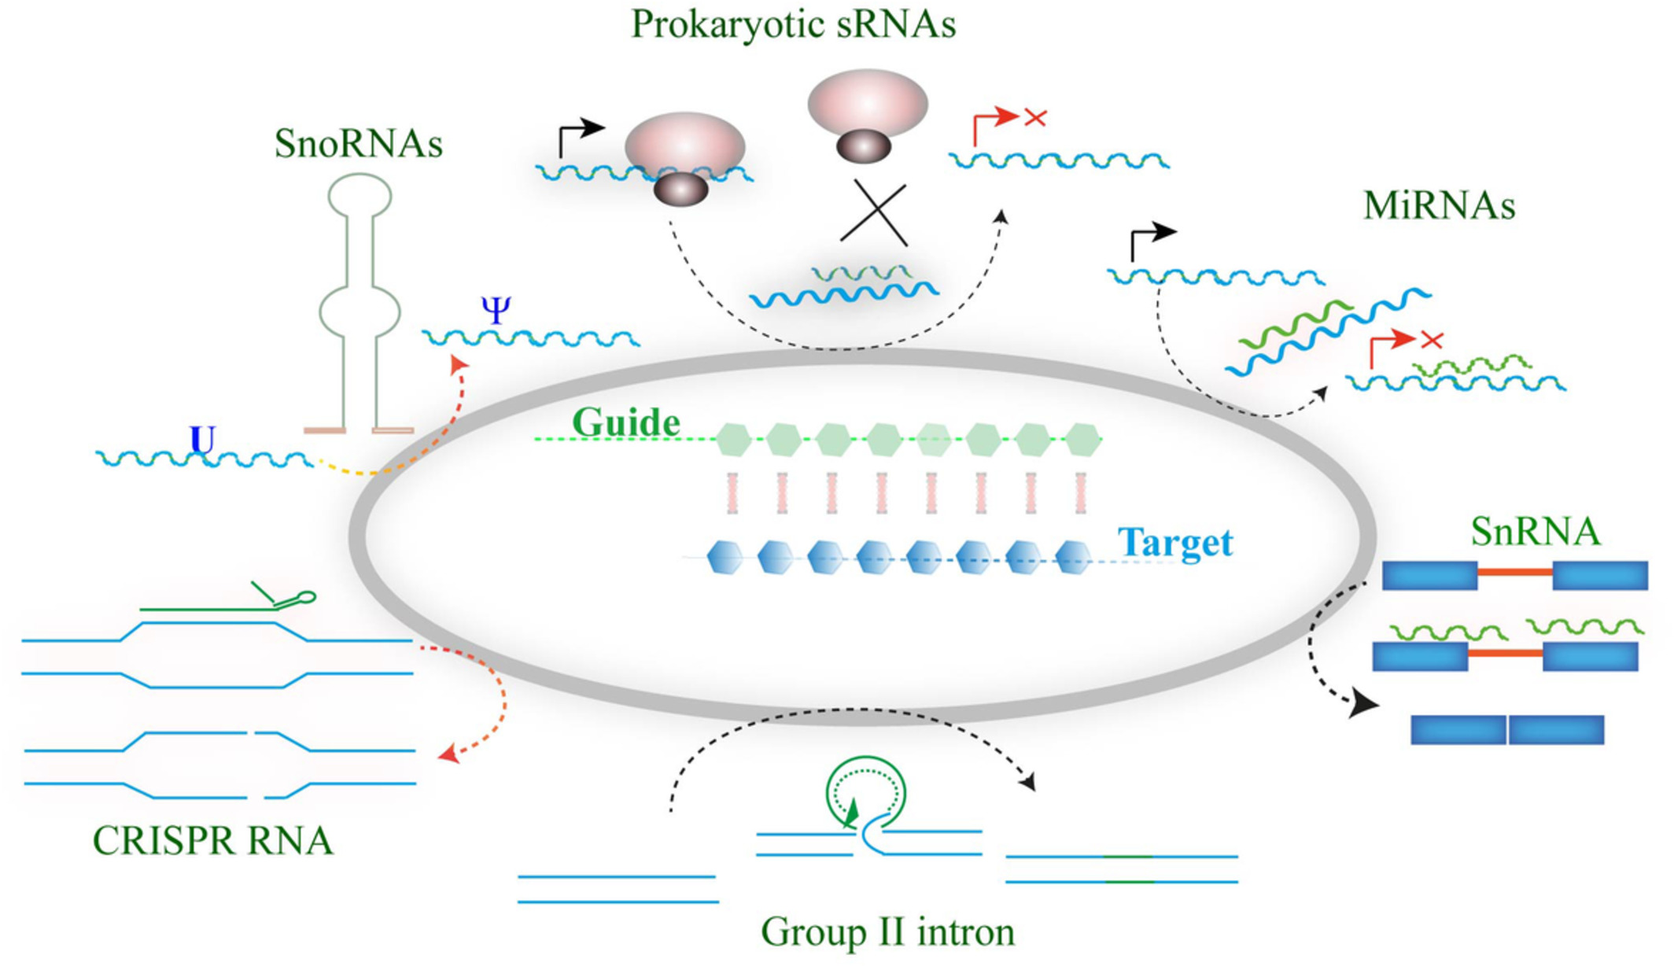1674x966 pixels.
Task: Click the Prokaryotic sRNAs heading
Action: pyautogui.click(x=793, y=24)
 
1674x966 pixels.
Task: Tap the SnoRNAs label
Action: pyautogui.click(x=359, y=144)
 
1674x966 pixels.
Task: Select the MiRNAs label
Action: pyautogui.click(x=1439, y=205)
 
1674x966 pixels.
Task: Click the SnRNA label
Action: pyautogui.click(x=1535, y=531)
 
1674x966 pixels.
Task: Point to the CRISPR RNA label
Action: pyautogui.click(x=213, y=840)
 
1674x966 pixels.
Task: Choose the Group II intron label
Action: pyautogui.click(x=887, y=932)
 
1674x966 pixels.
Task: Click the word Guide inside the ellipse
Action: pyautogui.click(x=626, y=422)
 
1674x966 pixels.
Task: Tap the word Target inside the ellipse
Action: pyautogui.click(x=1175, y=542)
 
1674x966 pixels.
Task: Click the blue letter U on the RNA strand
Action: pyautogui.click(x=203, y=441)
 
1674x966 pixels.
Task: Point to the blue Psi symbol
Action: pyautogui.click(x=496, y=310)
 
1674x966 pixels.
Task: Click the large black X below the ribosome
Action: pyautogui.click(x=875, y=213)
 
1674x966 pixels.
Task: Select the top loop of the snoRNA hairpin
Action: pyautogui.click(x=360, y=195)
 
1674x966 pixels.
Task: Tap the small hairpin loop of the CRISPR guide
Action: pyautogui.click(x=306, y=598)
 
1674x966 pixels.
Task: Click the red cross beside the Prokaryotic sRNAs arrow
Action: pyautogui.click(x=1035, y=118)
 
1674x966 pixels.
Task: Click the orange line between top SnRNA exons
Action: pyautogui.click(x=1514, y=573)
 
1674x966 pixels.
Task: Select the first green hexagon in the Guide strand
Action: pyautogui.click(x=734, y=440)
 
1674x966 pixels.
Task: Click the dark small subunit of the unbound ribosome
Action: pyautogui.click(x=863, y=146)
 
